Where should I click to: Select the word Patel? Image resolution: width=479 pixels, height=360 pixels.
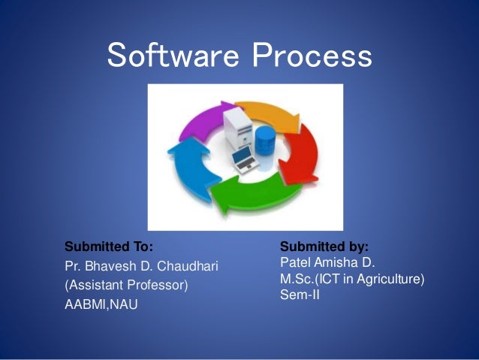pyautogui.click(x=294, y=262)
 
